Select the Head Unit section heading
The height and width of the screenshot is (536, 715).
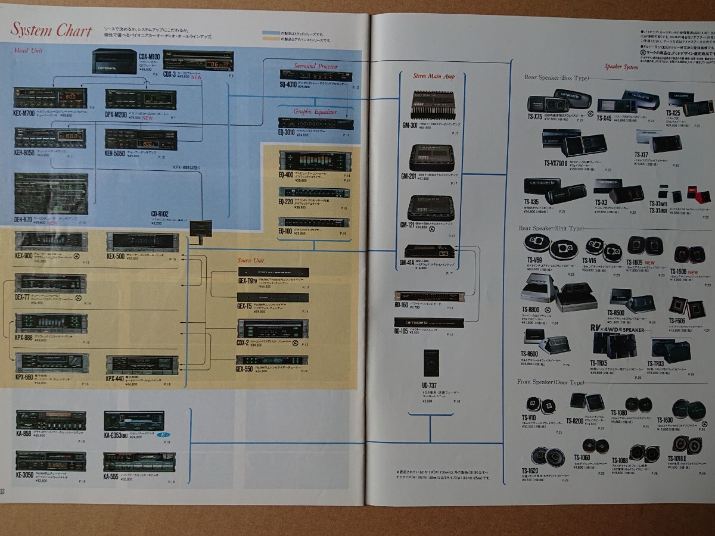(x=29, y=51)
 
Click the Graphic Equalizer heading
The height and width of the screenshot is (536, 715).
(x=315, y=111)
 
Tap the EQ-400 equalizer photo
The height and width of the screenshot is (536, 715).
(x=315, y=161)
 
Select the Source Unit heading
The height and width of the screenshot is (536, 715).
(x=251, y=260)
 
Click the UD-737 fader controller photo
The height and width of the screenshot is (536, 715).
(x=431, y=362)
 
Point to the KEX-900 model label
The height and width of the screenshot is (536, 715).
(x=25, y=255)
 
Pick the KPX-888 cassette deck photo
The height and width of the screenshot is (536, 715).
(x=51, y=323)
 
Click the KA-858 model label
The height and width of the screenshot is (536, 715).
(x=24, y=434)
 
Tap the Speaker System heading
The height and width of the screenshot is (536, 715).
(x=621, y=67)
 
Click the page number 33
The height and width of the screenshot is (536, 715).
(x=3, y=491)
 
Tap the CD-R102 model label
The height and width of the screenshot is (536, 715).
(x=160, y=213)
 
